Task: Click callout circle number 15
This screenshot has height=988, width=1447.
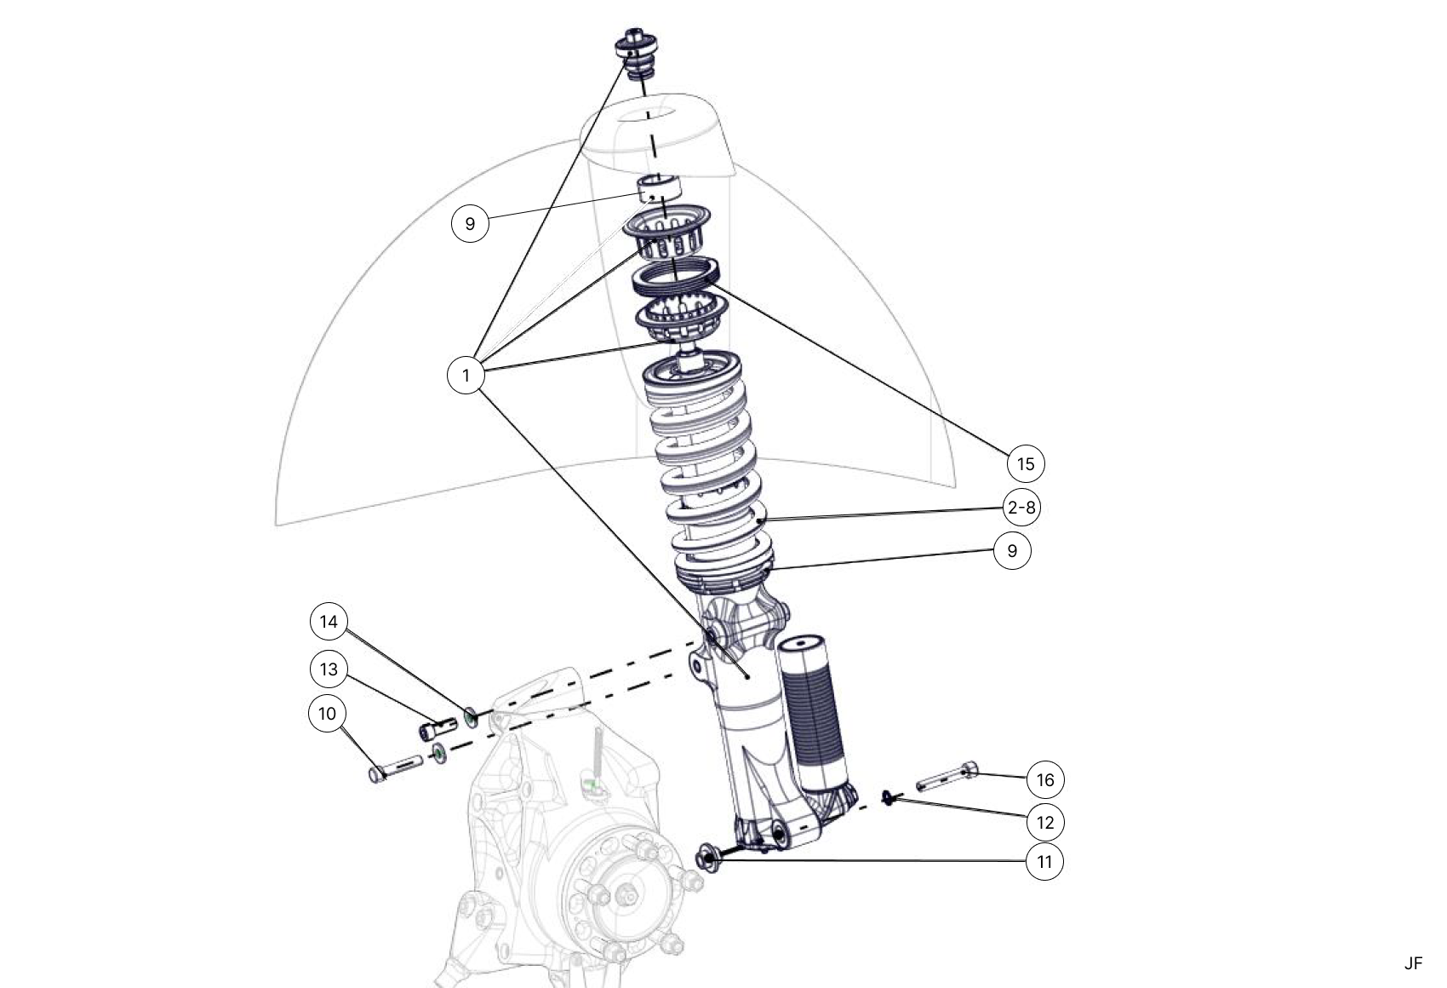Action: click(1026, 463)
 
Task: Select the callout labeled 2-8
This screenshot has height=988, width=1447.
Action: click(1021, 508)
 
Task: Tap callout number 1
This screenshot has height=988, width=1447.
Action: click(466, 375)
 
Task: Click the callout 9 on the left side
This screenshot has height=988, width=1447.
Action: click(470, 224)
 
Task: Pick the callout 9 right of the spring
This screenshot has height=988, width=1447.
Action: click(1012, 550)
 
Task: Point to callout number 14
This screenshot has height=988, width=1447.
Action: click(329, 622)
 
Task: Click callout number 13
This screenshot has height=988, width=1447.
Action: click(329, 669)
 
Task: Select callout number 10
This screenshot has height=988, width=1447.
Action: click(327, 713)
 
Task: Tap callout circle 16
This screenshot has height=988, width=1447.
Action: click(1045, 779)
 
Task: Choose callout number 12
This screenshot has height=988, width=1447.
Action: click(1045, 823)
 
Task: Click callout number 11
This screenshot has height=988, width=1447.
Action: click(1044, 862)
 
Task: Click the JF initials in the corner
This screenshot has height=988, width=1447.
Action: click(1413, 963)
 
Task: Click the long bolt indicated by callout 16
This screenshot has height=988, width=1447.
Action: click(947, 778)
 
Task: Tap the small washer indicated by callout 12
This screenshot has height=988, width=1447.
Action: click(889, 797)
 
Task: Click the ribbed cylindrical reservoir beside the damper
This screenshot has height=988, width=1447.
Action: click(813, 711)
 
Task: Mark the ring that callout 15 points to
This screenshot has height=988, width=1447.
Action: click(677, 277)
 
